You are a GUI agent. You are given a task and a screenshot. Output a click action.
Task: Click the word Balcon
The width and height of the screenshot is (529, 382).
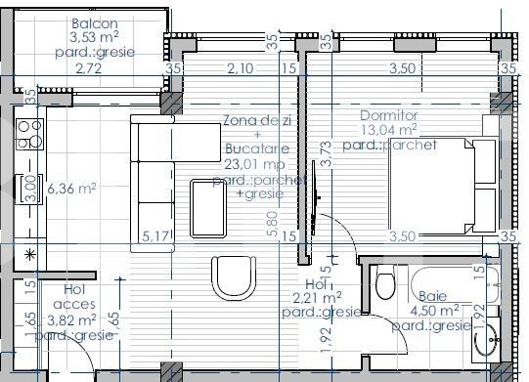click(x=96, y=23)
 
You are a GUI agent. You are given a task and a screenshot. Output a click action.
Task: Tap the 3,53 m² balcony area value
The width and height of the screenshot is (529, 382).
click(x=95, y=38)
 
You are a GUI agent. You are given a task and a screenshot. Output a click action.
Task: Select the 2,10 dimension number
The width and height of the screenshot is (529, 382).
click(x=241, y=68)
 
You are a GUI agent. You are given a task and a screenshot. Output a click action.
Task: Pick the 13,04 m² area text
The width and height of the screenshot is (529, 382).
click(x=388, y=129)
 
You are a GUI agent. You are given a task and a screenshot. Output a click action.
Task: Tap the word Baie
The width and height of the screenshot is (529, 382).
click(x=433, y=296)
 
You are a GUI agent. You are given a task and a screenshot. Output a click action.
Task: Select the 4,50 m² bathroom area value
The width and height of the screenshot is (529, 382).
click(x=433, y=311)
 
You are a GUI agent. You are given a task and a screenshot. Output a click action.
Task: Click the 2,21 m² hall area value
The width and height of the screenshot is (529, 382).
click(x=317, y=298)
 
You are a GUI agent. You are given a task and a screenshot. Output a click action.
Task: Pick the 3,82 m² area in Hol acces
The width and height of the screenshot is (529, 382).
click(x=71, y=318)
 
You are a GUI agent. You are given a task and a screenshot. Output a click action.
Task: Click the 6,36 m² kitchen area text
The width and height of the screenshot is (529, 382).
click(x=71, y=189)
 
